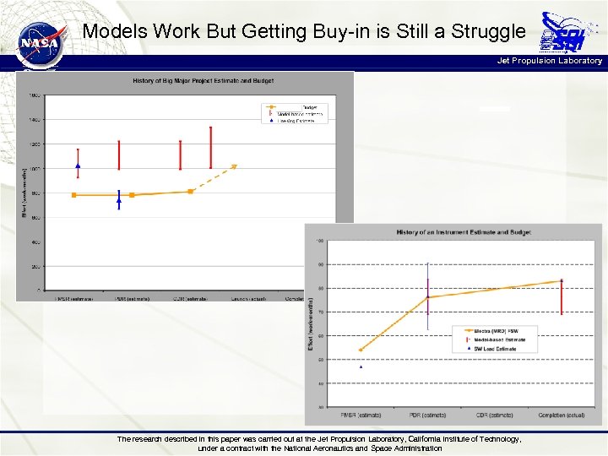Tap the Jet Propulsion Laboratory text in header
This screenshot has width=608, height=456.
point(550,61)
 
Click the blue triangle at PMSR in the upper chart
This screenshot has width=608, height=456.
point(78,166)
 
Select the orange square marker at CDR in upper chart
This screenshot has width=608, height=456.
point(190,192)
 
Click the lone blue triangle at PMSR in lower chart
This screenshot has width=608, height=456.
point(361,366)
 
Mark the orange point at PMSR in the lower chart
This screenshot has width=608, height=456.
point(361,350)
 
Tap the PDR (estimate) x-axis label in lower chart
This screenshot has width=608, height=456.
point(428,415)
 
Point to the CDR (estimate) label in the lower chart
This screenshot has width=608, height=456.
point(494,415)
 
